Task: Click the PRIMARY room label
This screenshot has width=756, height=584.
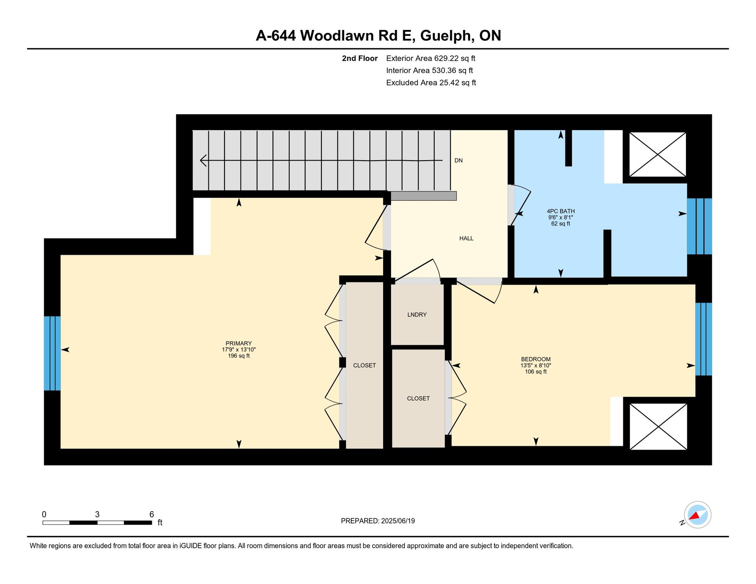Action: click(x=239, y=343)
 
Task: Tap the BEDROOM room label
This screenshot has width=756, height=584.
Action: click(x=535, y=359)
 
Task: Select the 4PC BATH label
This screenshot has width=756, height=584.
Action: click(x=561, y=211)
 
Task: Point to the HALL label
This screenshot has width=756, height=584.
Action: click(x=466, y=238)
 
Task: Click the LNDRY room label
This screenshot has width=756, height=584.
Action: click(x=417, y=314)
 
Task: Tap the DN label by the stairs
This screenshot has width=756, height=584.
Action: click(x=458, y=160)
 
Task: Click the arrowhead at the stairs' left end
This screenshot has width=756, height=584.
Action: click(x=203, y=160)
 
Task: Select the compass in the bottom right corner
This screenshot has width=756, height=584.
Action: click(x=697, y=515)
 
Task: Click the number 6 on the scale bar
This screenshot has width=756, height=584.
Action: click(x=152, y=514)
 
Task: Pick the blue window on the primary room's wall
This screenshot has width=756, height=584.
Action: click(x=52, y=353)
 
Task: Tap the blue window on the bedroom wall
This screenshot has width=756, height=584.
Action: click(x=704, y=339)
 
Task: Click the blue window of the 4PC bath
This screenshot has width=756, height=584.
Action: click(x=699, y=226)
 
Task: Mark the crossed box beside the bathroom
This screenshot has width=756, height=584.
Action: click(x=658, y=154)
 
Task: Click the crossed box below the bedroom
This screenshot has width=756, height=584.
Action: click(x=658, y=426)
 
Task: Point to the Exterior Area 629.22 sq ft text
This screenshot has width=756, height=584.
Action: click(x=431, y=58)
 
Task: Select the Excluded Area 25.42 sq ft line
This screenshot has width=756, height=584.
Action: click(x=431, y=83)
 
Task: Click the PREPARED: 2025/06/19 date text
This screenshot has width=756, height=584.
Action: click(x=378, y=521)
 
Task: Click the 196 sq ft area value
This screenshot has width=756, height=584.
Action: click(x=239, y=356)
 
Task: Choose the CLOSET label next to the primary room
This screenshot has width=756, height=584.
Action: click(x=364, y=365)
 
